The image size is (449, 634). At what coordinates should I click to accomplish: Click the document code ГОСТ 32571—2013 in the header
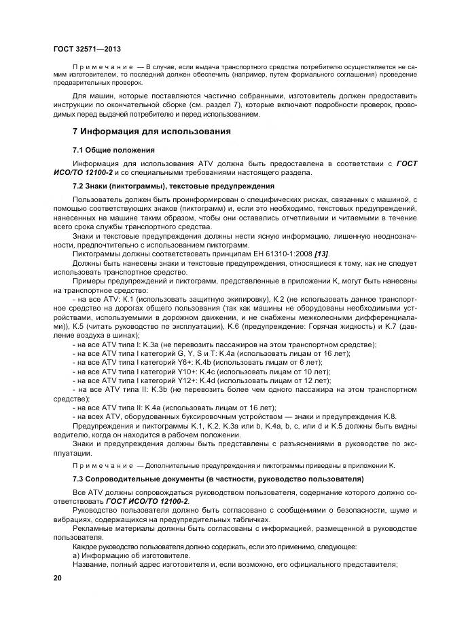coord(87,49)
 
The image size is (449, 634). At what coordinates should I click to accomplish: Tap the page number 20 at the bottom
coord(57,578)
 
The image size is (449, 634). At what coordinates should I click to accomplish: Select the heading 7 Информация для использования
coord(151,130)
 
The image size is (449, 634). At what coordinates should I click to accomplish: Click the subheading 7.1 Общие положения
coord(113,149)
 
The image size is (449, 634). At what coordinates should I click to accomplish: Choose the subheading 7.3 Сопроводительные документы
coord(218,479)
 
